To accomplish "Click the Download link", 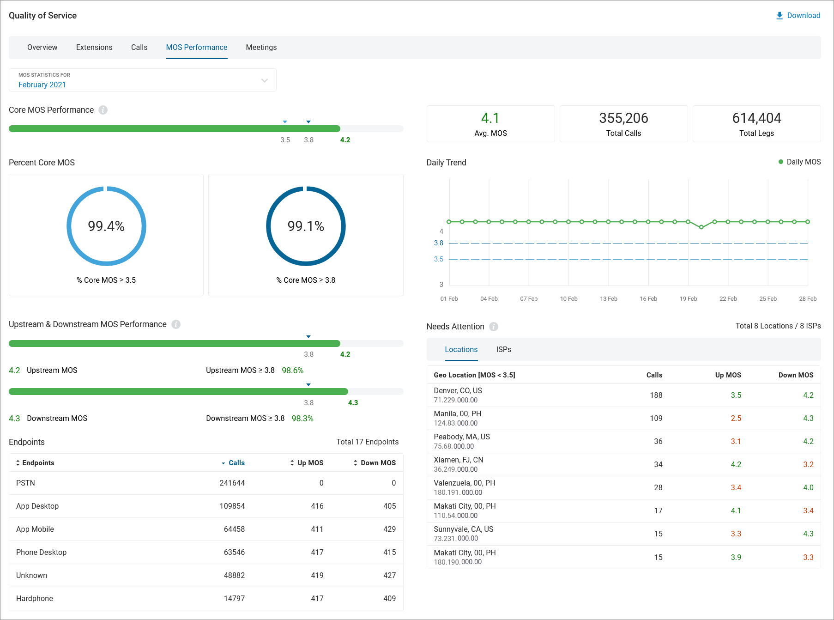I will point(798,15).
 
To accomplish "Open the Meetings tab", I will point(261,47).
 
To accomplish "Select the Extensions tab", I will point(94,47).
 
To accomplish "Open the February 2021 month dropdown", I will point(142,80).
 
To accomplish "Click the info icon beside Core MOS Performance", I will point(103,110).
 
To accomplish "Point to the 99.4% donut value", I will point(106,226).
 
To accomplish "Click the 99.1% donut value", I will point(306,226).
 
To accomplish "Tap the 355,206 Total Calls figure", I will point(623,118).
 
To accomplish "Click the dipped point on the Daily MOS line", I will point(701,227).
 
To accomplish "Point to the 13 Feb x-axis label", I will point(608,299).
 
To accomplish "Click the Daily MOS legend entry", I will point(800,162).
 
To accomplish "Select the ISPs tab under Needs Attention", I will point(503,349).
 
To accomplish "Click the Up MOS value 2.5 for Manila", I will point(736,418).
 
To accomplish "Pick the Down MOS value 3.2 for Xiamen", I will point(808,464).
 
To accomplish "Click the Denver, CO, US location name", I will point(458,390).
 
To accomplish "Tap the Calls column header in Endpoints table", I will point(236,462).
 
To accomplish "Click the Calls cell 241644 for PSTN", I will point(232,483).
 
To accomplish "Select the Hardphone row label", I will point(35,598).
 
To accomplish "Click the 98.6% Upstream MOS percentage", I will point(292,370).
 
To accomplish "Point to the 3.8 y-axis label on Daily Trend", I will point(438,243).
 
